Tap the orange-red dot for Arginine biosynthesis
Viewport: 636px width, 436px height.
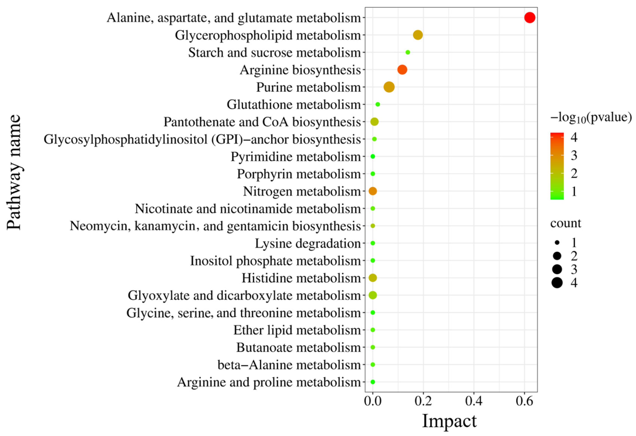pos(402,70)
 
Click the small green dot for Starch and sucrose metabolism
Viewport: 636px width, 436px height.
pos(407,52)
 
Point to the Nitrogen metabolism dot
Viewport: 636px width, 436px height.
pos(373,191)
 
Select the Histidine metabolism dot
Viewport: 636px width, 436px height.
pos(373,278)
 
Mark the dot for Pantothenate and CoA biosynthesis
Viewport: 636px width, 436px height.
pos(374,122)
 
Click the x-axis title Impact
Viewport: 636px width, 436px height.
pos(449,421)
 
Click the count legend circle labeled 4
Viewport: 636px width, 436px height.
pos(557,282)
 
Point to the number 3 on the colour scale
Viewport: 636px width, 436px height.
pos(574,155)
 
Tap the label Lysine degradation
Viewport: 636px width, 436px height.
pos(308,244)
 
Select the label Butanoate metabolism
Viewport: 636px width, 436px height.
pos(298,348)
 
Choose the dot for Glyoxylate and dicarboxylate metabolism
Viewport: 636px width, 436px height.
pos(373,295)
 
